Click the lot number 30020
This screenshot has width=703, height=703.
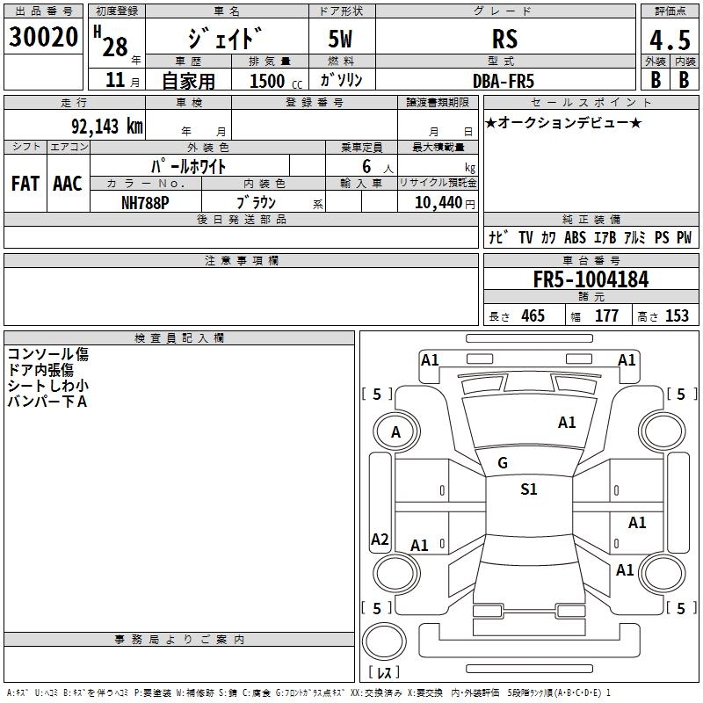43,37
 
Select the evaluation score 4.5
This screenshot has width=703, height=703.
668,40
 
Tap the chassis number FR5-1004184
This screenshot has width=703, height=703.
591,280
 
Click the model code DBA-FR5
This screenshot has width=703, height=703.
504,80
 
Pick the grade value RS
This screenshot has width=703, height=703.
504,39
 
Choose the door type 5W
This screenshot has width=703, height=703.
341,39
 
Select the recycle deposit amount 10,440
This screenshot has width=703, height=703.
437,202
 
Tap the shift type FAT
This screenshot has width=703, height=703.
25,184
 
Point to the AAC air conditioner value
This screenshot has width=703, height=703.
67,184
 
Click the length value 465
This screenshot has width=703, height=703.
533,315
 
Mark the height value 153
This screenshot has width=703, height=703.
677,315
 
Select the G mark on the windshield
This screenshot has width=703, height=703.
503,463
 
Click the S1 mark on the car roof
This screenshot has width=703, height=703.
528,489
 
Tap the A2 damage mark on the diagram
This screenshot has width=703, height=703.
380,540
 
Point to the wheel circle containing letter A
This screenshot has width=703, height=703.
395,431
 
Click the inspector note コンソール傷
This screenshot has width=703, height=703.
48,354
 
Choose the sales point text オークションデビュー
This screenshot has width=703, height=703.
562,122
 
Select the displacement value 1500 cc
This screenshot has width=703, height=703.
273,81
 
